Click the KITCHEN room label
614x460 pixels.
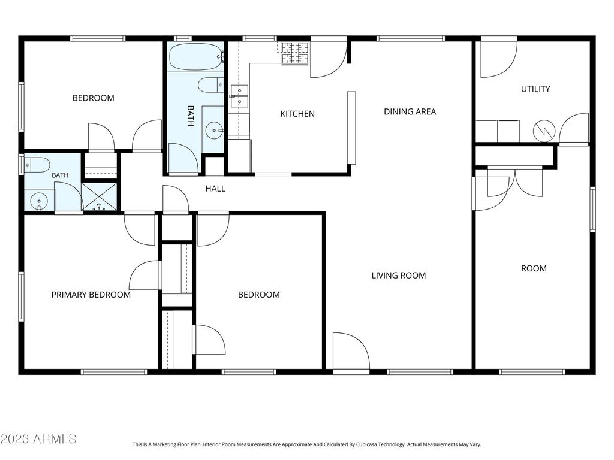(x=297, y=114)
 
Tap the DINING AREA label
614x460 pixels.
(x=410, y=112)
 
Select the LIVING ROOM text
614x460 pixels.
(x=399, y=276)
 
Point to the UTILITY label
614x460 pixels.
(x=535, y=89)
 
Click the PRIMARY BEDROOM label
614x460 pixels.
(x=91, y=295)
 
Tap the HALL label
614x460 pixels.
(x=215, y=189)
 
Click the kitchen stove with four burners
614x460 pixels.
(x=295, y=53)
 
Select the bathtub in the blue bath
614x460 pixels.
(x=196, y=56)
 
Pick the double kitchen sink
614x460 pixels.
(x=239, y=96)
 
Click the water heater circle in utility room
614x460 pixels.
(x=544, y=131)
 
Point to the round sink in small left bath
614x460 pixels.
(x=39, y=201)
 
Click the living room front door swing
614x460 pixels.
(x=351, y=351)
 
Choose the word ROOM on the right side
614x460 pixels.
(x=534, y=269)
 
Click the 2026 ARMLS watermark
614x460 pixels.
(x=38, y=439)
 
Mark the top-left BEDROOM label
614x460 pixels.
(x=93, y=98)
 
